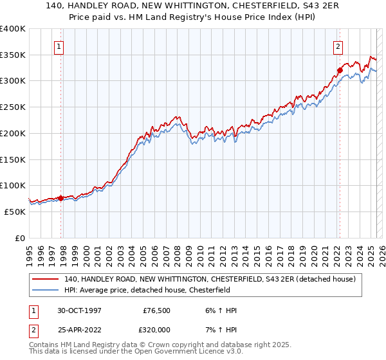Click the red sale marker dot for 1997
coord(61,198)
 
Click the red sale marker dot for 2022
coord(339,71)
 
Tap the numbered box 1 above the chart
coord(59,46)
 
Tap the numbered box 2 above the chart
coord(338,46)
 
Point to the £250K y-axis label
coord(13,107)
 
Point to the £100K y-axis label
coord(13,185)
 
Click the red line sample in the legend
coord(45,279)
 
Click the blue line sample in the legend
coord(45,290)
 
